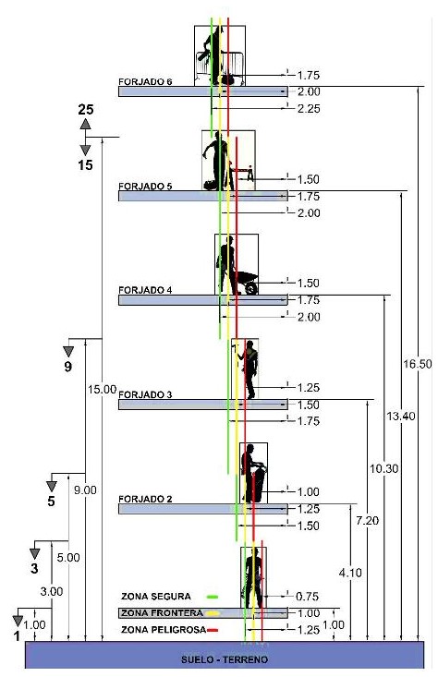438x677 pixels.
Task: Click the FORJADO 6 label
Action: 145,81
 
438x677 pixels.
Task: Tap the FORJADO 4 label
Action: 145,290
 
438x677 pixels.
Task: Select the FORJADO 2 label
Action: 145,499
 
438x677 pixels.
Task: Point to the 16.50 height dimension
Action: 418,364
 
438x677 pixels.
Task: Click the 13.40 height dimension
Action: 401,417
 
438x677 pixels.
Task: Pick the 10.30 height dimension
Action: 384,468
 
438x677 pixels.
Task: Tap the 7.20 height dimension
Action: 367,521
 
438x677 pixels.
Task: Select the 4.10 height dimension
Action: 350,573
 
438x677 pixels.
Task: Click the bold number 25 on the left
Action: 86,110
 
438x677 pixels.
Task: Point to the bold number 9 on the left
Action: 67,367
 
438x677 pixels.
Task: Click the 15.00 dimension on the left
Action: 102,390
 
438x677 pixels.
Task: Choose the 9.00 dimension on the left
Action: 85,490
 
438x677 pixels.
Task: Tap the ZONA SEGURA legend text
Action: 156,597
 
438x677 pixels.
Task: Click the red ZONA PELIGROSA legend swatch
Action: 213,631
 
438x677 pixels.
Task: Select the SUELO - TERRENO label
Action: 225,659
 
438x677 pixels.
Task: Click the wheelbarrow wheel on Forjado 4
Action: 251,288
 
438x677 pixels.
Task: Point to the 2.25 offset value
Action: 309,109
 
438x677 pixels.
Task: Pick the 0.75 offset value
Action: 308,597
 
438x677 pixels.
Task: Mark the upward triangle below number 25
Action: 86,124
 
